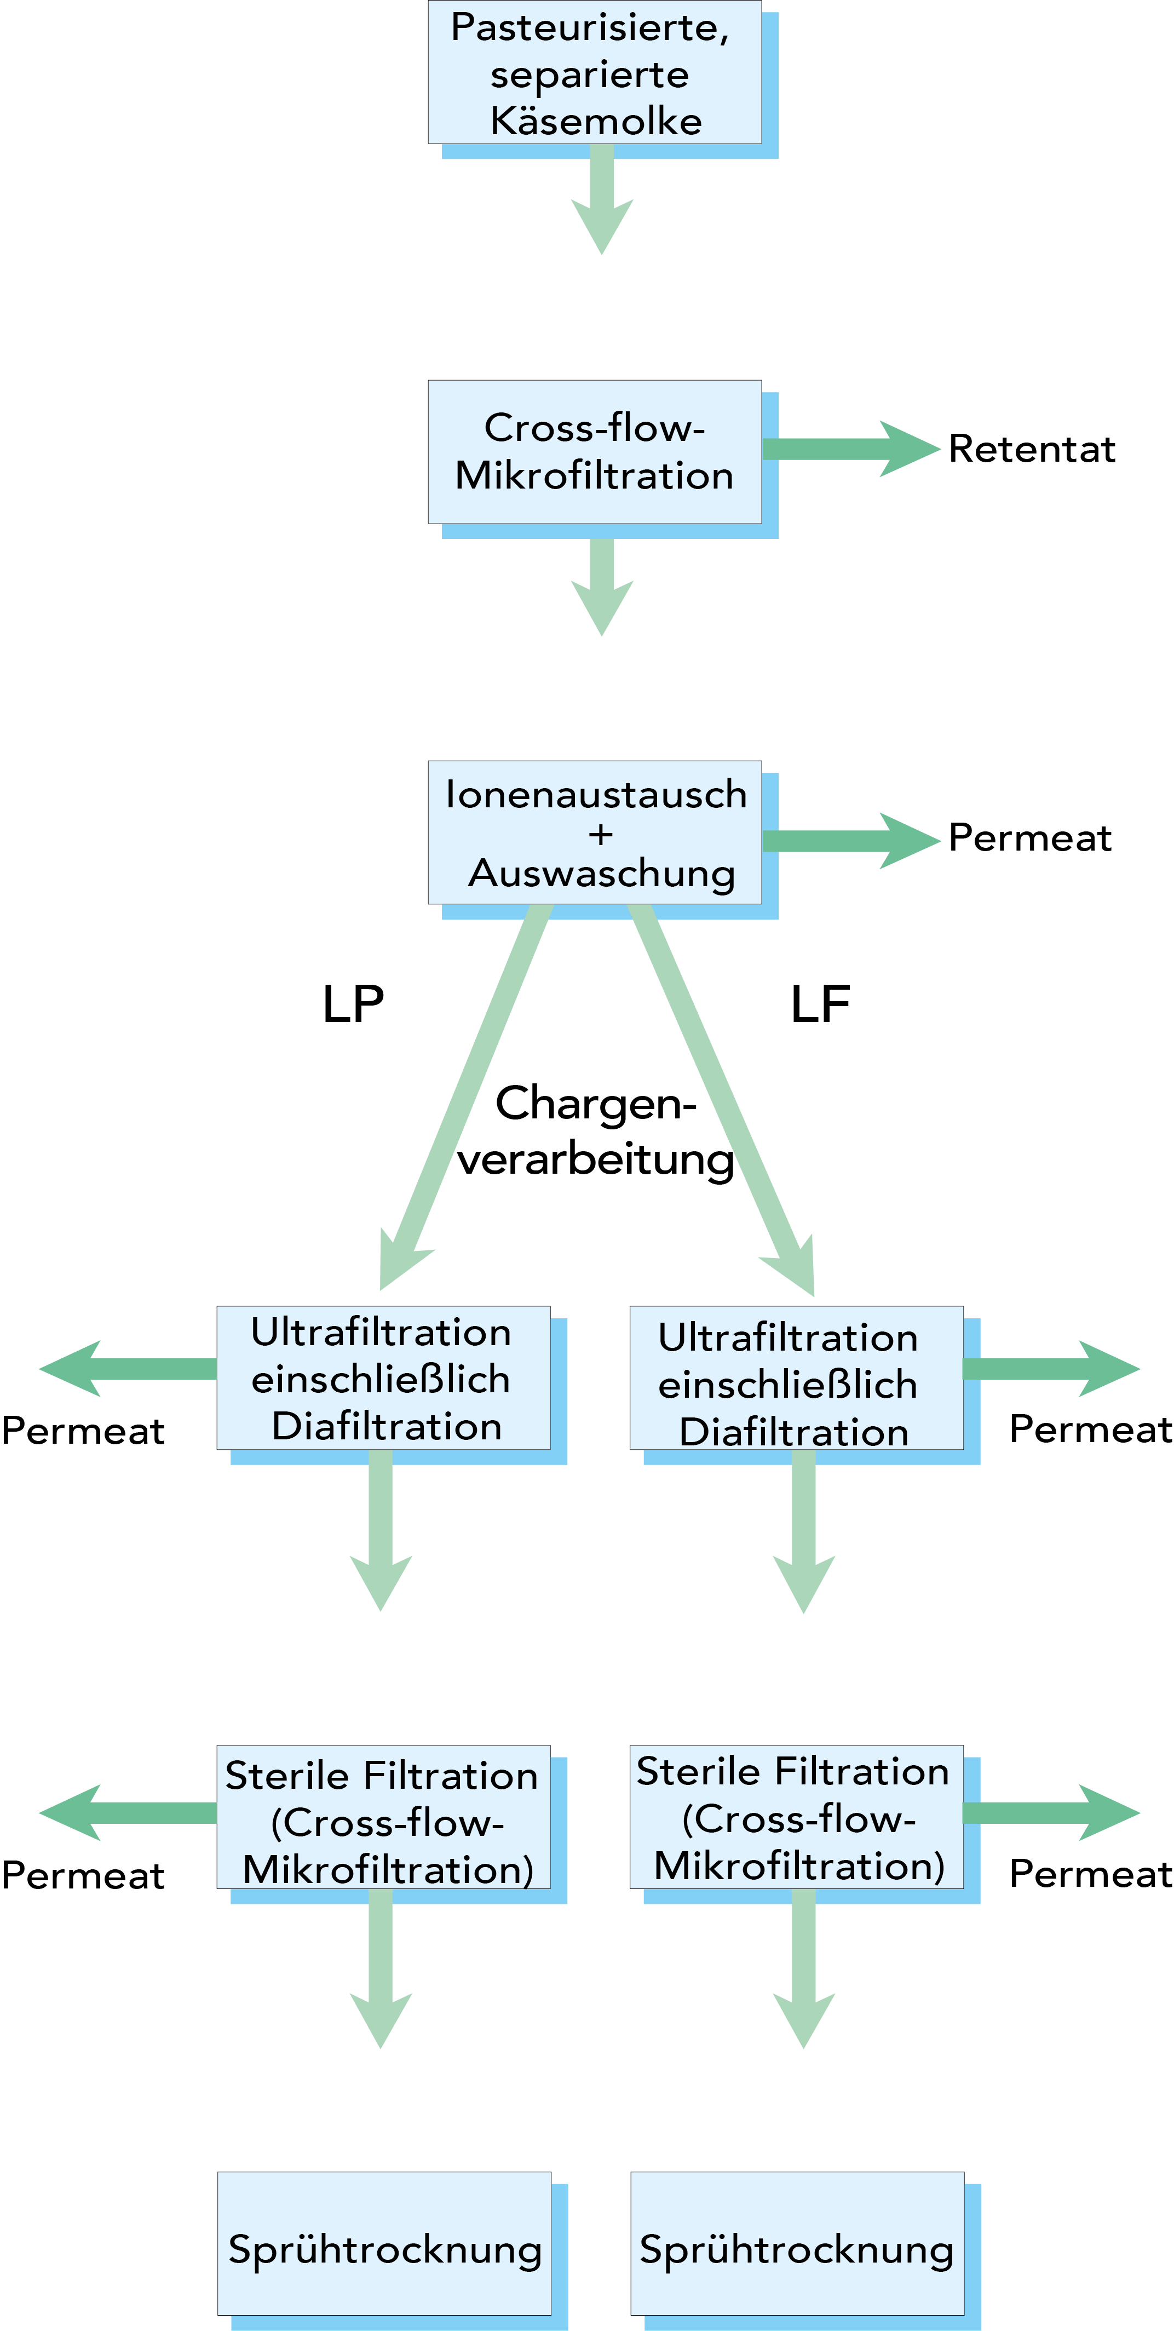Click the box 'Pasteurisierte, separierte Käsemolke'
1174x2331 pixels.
click(x=594, y=72)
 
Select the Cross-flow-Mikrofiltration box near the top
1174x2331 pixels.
click(x=594, y=451)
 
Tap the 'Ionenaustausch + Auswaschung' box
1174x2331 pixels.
click(x=594, y=832)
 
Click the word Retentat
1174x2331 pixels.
click(x=1031, y=449)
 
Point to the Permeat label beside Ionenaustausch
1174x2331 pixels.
click(x=1029, y=838)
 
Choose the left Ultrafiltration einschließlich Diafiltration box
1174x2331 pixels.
click(x=383, y=1378)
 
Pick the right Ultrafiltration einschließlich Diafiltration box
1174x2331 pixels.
click(x=796, y=1378)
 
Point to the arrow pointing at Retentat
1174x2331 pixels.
click(x=850, y=449)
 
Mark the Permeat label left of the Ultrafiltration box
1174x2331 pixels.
click(x=83, y=1431)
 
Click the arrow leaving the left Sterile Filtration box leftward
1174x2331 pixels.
click(x=126, y=1812)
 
